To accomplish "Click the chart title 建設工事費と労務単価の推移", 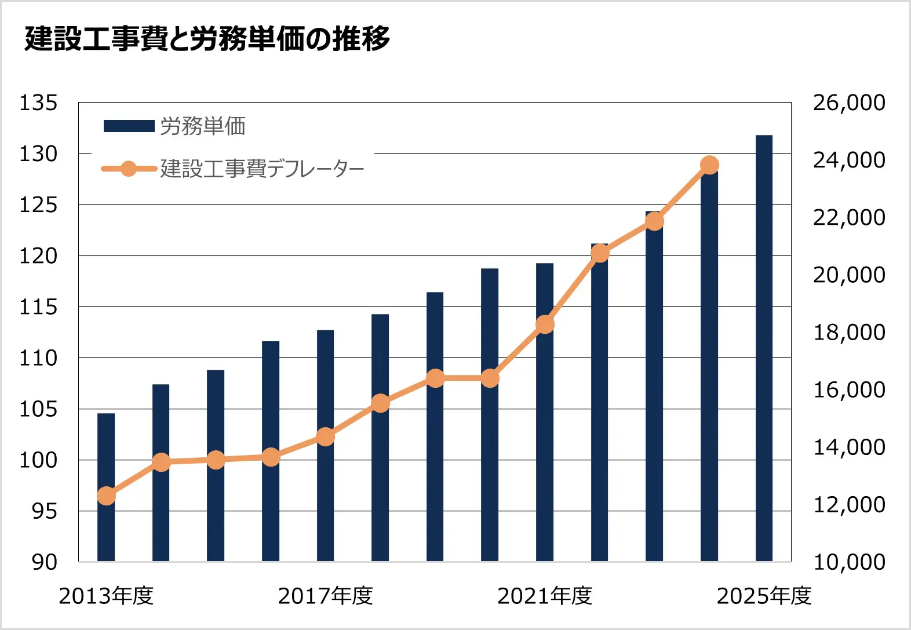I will [207, 39].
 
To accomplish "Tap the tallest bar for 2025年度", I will [764, 348].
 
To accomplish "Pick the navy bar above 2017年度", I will [325, 498].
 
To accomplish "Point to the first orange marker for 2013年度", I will [106, 496].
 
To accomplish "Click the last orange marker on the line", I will [709, 165].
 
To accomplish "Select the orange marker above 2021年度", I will [545, 325].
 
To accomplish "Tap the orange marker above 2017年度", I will [325, 436].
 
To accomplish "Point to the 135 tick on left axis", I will [38, 103].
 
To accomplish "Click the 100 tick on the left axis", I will [38, 460].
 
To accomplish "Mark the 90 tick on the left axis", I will [44, 562].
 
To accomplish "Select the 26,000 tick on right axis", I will [848, 103].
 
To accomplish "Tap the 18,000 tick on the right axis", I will [848, 332].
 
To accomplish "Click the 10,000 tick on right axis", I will [848, 562].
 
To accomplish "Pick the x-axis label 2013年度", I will [106, 596].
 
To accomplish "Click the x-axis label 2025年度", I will [764, 596].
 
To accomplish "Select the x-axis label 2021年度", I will [545, 596].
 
